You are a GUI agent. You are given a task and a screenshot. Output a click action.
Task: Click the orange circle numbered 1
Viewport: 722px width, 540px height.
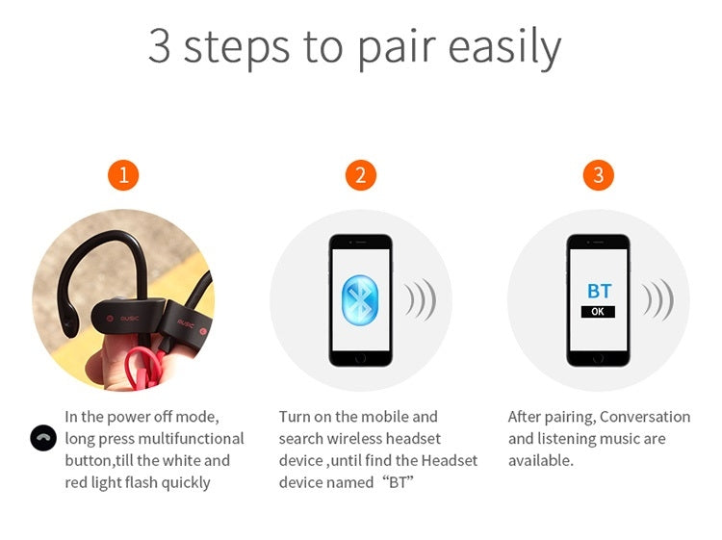123,175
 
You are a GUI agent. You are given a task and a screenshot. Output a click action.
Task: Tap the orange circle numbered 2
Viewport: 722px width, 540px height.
361,175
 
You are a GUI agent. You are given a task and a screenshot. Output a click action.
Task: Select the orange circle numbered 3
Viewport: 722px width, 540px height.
599,175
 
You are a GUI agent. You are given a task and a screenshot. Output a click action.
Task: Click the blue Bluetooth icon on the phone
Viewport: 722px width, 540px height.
361,300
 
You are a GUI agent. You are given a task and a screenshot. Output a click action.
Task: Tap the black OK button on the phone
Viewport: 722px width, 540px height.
598,312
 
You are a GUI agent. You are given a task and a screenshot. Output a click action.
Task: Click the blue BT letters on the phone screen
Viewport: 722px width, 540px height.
599,291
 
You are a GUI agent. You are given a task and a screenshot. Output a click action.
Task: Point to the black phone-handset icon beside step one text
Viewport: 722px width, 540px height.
43,438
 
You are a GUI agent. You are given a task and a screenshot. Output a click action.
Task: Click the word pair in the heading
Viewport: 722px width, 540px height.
396,48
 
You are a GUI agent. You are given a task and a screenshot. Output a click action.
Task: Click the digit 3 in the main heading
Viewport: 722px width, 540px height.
159,46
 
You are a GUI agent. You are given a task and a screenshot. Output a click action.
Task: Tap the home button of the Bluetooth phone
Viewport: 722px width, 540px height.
361,358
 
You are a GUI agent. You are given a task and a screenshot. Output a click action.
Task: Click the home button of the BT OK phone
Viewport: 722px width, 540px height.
598,358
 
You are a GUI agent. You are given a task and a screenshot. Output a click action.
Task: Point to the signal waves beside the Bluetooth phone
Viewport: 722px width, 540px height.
421,299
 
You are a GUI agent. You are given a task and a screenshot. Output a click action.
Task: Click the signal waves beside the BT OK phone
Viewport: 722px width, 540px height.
658,299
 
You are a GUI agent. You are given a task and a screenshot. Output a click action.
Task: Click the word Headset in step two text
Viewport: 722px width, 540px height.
450,460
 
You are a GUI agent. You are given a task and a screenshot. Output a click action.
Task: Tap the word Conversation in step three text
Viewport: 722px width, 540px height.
645,417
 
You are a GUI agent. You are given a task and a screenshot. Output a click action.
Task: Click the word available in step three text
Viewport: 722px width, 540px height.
541,460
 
